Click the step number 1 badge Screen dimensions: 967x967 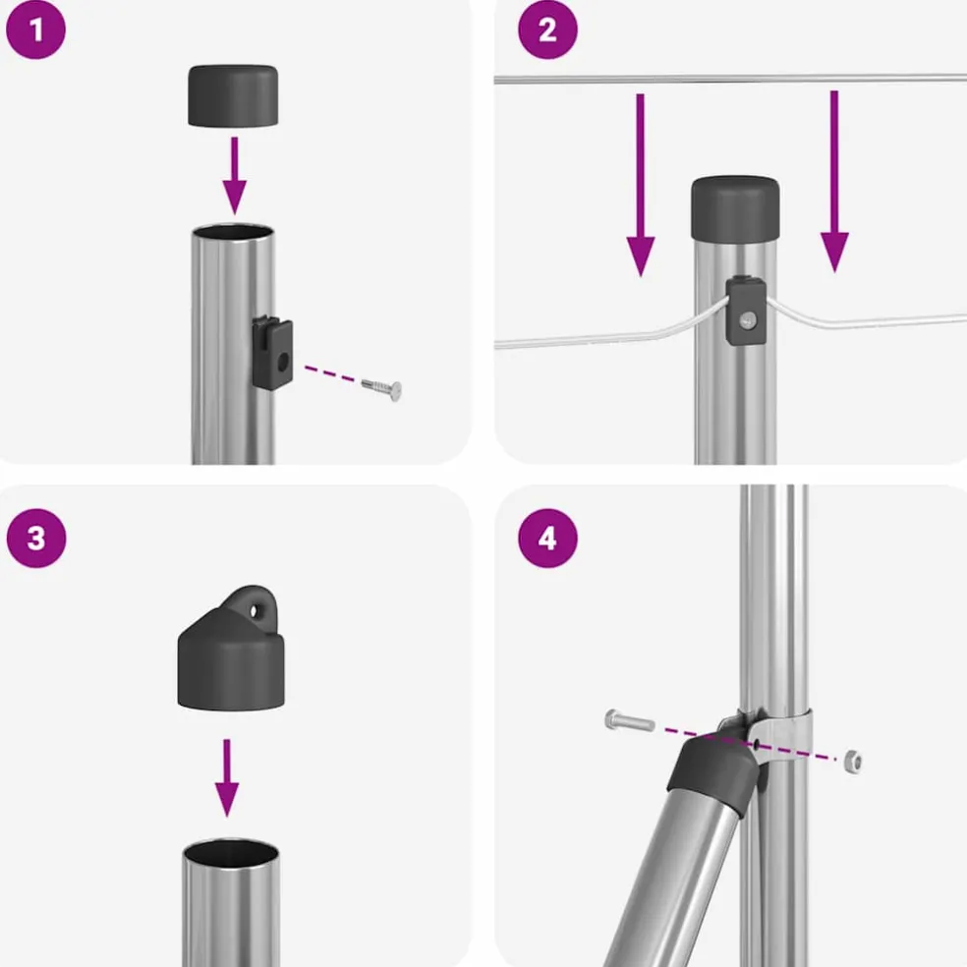coord(35,29)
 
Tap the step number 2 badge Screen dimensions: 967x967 coord(547,29)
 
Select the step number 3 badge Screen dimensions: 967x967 coord(36,538)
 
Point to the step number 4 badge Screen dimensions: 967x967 coord(547,538)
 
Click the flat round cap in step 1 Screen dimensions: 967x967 coord(233,95)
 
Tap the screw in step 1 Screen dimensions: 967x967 coord(381,388)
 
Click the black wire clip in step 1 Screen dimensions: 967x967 coord(272,352)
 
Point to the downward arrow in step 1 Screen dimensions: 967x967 coord(234,176)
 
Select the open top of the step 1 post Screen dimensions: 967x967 coord(233,233)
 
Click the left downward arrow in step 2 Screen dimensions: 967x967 coord(641,185)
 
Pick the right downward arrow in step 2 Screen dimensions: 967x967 coord(834,181)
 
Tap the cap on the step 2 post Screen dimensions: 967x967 coord(735,209)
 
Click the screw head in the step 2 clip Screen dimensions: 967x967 coord(748,320)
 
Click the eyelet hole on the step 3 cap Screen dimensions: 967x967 coord(254,611)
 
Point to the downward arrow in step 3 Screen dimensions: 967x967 coord(227,777)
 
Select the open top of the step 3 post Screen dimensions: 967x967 coord(231,852)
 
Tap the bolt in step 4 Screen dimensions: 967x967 coord(630,720)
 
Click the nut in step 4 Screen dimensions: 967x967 coord(853,762)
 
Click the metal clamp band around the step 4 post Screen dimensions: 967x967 coord(782,736)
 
